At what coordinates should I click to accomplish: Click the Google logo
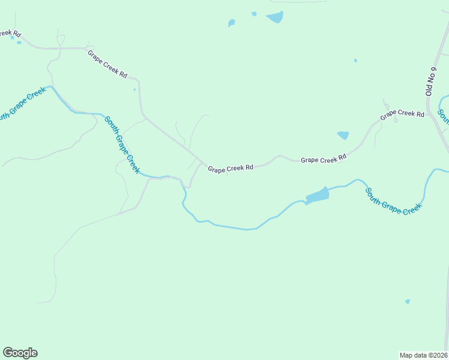click(x=20, y=353)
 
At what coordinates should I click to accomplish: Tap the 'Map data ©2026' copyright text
click(x=423, y=355)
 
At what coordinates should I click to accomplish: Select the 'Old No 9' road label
click(x=429, y=81)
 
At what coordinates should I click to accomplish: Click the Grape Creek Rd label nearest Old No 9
click(x=402, y=113)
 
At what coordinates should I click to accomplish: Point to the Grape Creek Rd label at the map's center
click(x=231, y=169)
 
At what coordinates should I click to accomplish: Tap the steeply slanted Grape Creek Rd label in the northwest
click(x=107, y=64)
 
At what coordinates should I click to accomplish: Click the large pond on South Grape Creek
click(x=317, y=195)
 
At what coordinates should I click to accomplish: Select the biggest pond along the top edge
click(x=274, y=17)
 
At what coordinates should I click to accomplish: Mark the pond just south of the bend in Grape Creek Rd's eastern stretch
click(x=343, y=135)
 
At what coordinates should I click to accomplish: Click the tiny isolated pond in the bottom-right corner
click(x=408, y=301)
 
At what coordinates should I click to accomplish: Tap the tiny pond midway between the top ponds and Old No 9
click(x=355, y=60)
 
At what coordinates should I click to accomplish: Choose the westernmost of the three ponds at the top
click(x=232, y=23)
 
